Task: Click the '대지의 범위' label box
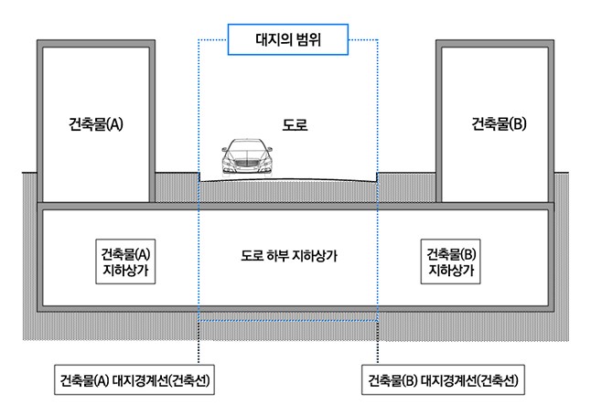[288, 39]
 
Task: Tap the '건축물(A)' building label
[96, 124]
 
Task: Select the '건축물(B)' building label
[499, 123]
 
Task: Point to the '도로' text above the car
[295, 124]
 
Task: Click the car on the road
[247, 156]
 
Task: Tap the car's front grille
[246, 163]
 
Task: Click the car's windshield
[247, 146]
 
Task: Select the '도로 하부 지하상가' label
[289, 256]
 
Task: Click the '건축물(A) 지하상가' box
[125, 261]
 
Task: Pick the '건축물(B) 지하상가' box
[450, 261]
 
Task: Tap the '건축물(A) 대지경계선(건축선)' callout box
[134, 379]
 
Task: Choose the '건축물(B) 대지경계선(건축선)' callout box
[443, 379]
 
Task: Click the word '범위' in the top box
[308, 39]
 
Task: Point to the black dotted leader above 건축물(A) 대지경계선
[199, 343]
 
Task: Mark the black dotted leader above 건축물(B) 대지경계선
[377, 343]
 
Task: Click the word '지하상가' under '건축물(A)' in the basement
[125, 271]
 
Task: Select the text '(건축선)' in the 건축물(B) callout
[498, 380]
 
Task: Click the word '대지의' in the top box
[274, 39]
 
